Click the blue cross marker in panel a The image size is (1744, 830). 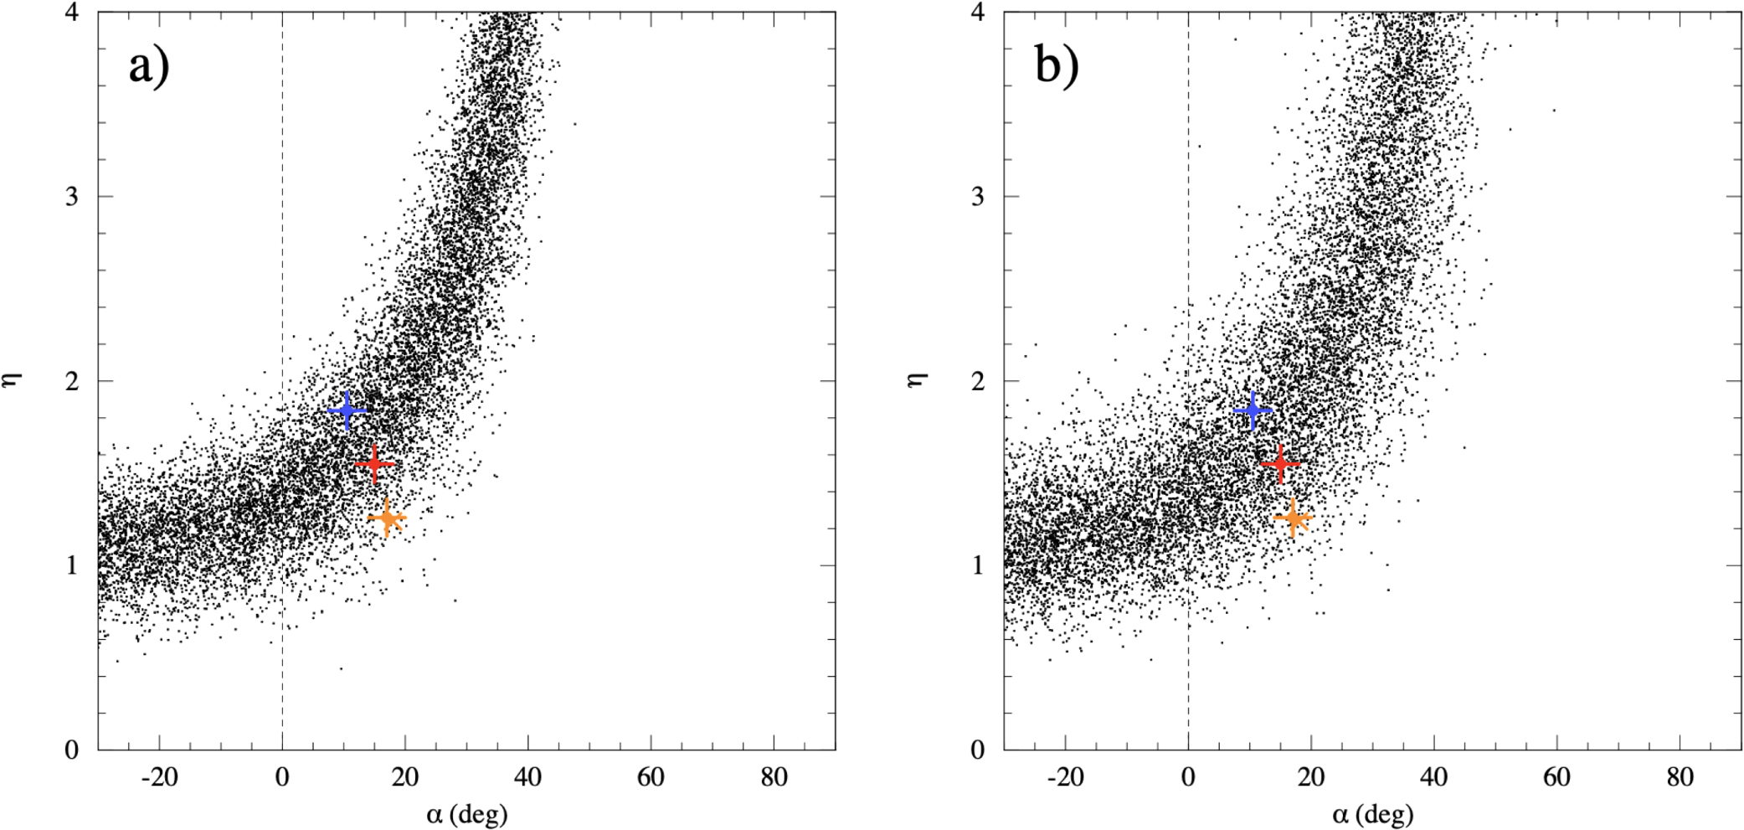click(347, 410)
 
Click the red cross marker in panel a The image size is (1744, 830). click(374, 463)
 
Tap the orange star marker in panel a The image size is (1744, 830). click(387, 518)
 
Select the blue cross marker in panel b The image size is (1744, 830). click(1253, 410)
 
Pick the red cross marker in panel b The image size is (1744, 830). click(1280, 463)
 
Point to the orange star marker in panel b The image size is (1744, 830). click(1294, 518)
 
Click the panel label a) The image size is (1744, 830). click(148, 66)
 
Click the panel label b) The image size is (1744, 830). click(1056, 66)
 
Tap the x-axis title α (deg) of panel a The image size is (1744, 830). click(466, 813)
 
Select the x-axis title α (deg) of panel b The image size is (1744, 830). click(1372, 813)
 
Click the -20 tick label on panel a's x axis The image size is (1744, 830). click(159, 778)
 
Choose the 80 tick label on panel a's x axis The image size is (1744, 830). click(774, 778)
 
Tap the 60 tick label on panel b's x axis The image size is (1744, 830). click(1556, 778)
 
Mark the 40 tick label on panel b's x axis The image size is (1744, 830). click(1433, 778)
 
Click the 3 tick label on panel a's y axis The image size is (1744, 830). click(72, 196)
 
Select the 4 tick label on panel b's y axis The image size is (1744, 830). click(978, 13)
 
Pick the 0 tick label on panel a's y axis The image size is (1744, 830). click(72, 749)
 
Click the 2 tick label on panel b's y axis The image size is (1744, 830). click(978, 380)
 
